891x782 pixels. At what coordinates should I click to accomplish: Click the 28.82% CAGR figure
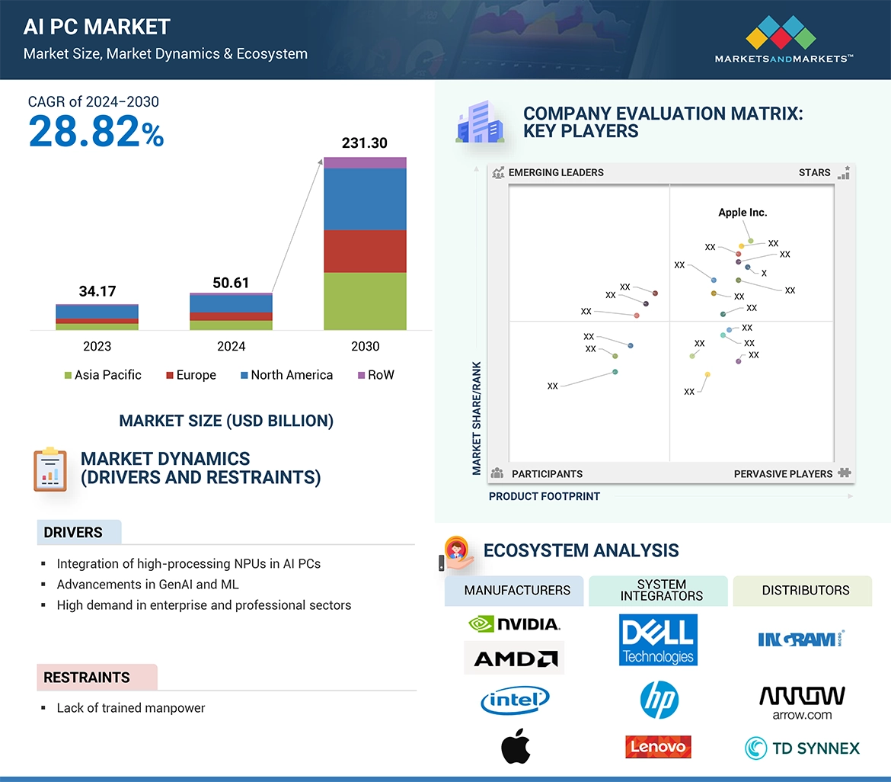click(96, 132)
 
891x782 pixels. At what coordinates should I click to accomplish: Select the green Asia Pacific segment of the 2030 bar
click(365, 301)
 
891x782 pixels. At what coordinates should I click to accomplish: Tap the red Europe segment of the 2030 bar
click(365, 252)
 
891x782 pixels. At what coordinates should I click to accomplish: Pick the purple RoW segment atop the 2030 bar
click(365, 162)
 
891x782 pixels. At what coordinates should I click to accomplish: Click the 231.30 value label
click(365, 143)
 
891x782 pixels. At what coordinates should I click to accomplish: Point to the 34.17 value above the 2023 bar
click(97, 291)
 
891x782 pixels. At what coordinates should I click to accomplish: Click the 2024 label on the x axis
click(231, 346)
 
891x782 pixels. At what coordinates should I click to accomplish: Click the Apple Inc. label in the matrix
click(742, 213)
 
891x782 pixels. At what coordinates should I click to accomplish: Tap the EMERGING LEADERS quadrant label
click(556, 172)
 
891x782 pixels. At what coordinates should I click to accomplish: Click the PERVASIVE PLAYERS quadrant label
click(783, 474)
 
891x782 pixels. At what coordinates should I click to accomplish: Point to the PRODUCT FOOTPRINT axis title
click(544, 496)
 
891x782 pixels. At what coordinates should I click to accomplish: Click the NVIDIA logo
click(514, 624)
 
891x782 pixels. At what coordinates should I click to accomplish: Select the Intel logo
click(515, 699)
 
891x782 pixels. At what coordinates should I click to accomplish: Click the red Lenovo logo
click(658, 747)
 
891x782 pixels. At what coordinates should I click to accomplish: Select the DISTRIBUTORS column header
click(805, 590)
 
